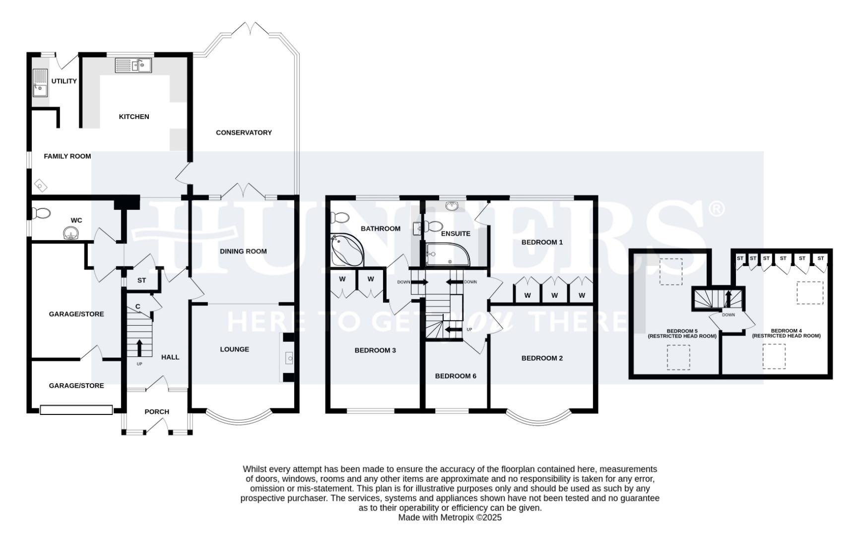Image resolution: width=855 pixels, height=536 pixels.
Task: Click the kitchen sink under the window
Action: click(x=133, y=65)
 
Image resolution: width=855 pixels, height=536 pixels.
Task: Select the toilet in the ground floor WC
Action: click(x=41, y=213)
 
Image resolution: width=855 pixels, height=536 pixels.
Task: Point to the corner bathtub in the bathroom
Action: click(x=346, y=251)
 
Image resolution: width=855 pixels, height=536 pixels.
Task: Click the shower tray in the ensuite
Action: click(x=444, y=255)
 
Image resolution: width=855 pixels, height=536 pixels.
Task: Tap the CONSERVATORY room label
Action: click(x=244, y=133)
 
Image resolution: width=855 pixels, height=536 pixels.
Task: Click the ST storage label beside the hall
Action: click(x=141, y=280)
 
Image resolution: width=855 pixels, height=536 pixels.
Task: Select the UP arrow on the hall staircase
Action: click(x=139, y=347)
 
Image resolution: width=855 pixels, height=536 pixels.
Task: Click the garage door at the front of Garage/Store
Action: click(x=76, y=410)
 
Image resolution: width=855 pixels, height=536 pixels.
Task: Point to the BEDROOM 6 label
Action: click(x=456, y=376)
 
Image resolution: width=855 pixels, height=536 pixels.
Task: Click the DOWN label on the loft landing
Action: click(x=728, y=315)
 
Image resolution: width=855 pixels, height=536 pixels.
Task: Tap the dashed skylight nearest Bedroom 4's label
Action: click(x=774, y=356)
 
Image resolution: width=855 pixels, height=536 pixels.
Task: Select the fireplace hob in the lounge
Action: click(x=289, y=358)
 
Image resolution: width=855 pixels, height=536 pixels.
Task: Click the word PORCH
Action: click(x=157, y=412)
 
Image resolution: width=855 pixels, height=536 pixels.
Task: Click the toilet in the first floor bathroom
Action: click(x=340, y=217)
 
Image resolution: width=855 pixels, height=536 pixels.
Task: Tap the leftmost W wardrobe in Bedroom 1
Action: click(x=527, y=295)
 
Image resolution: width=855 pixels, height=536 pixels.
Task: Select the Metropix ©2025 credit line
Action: click(x=450, y=518)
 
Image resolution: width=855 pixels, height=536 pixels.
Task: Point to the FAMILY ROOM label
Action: click(x=67, y=156)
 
